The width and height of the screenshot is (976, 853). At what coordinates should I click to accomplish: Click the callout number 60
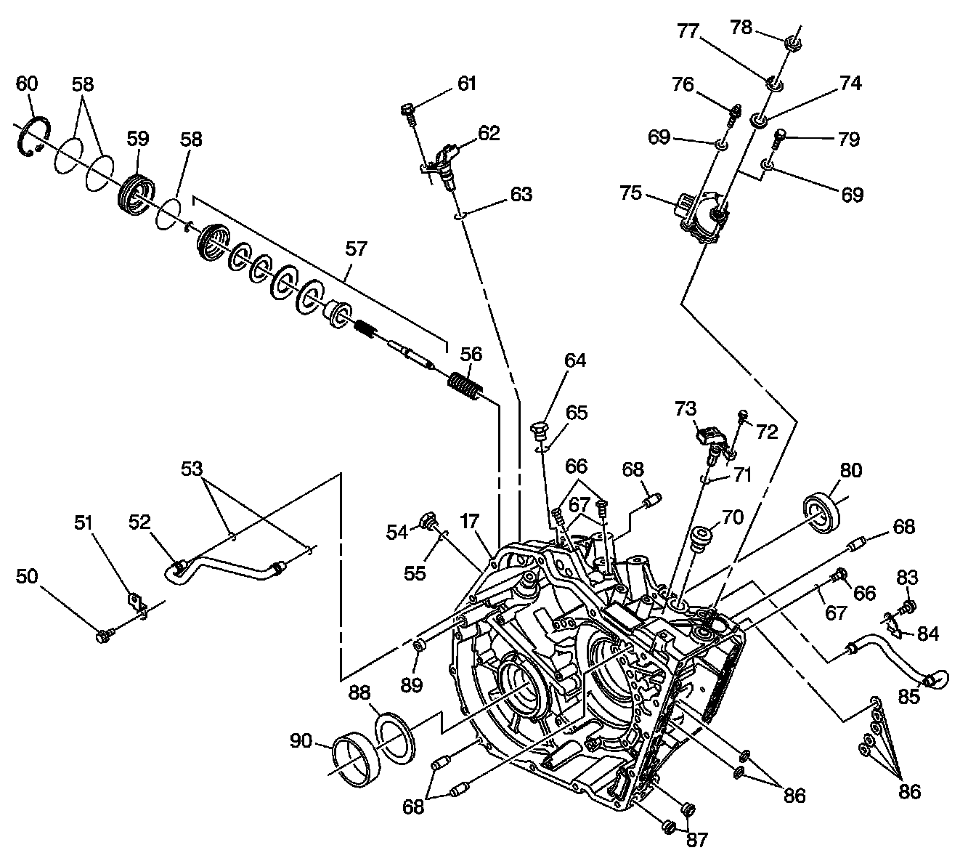point(26,84)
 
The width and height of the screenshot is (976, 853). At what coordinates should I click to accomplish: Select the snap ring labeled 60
point(33,137)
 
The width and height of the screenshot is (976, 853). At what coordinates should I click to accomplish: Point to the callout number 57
point(356,249)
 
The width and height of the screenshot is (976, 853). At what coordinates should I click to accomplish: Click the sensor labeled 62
point(444,163)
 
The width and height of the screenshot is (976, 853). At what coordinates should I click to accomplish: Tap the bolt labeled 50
point(102,636)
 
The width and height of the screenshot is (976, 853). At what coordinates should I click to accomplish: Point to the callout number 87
point(697,839)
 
